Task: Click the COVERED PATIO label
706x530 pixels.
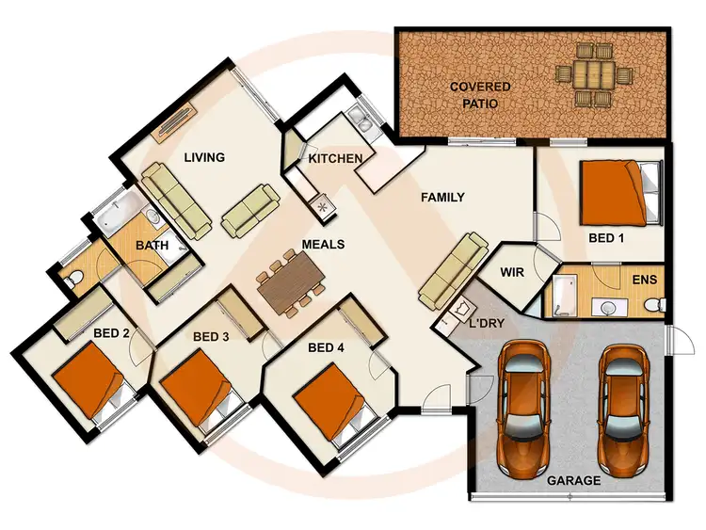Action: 479,95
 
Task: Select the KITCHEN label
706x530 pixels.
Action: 335,158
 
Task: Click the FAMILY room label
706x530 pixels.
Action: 442,198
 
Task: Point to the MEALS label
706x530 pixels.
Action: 323,244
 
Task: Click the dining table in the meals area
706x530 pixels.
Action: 290,281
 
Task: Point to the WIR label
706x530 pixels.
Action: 512,273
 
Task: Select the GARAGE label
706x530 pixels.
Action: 573,480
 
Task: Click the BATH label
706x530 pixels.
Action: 152,246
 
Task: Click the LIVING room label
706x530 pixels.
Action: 204,157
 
